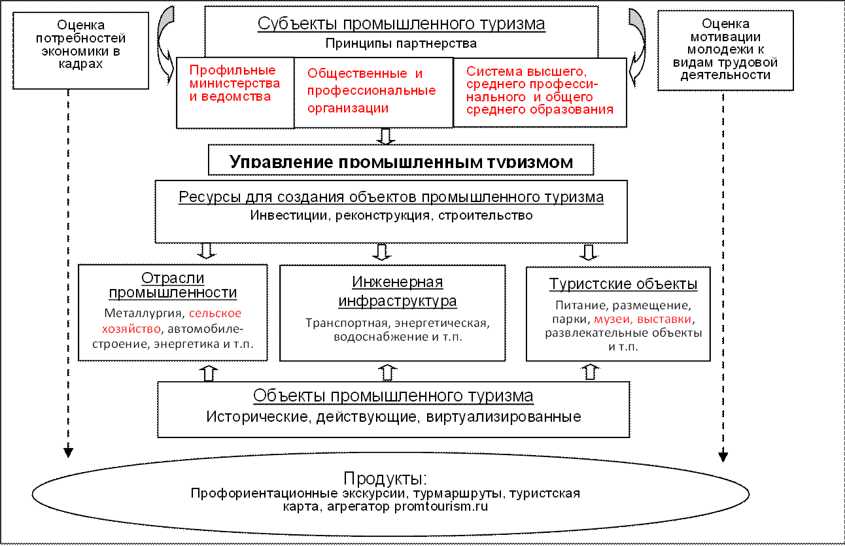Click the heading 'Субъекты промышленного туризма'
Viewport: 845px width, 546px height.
click(401, 25)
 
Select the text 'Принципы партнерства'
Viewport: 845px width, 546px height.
click(401, 44)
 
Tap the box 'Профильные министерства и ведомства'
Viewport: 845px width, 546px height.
click(234, 84)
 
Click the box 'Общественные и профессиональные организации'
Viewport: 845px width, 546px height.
click(372, 91)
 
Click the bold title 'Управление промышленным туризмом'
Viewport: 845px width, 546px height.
click(401, 162)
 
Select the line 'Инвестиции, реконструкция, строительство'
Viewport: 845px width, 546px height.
click(391, 216)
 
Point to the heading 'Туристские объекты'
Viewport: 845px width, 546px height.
click(623, 285)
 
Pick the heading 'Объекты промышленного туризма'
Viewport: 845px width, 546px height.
click(393, 397)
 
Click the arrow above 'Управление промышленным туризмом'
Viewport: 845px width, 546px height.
click(386, 136)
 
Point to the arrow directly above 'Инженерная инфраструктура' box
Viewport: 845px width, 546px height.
click(382, 252)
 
